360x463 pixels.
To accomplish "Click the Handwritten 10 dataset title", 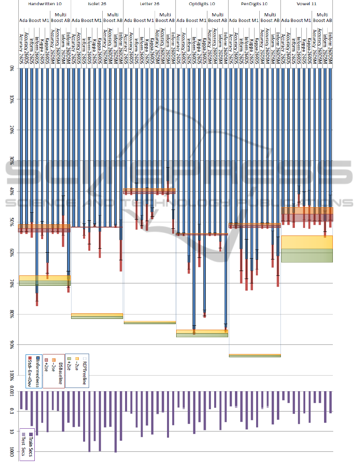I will coord(45,4).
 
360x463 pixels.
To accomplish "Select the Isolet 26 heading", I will coord(97,4).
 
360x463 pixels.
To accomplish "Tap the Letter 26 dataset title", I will coord(149,4).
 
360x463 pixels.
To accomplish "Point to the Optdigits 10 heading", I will coord(202,4).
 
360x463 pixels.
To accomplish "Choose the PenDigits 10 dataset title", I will coord(255,4).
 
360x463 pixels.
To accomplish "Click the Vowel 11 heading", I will coord(307,4).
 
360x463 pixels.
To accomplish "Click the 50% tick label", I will coord(11,222).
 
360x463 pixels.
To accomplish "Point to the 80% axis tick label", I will coord(11,314).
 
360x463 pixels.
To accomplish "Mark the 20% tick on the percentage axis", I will coord(11,130).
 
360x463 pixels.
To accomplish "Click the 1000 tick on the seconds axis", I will coord(11,452).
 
